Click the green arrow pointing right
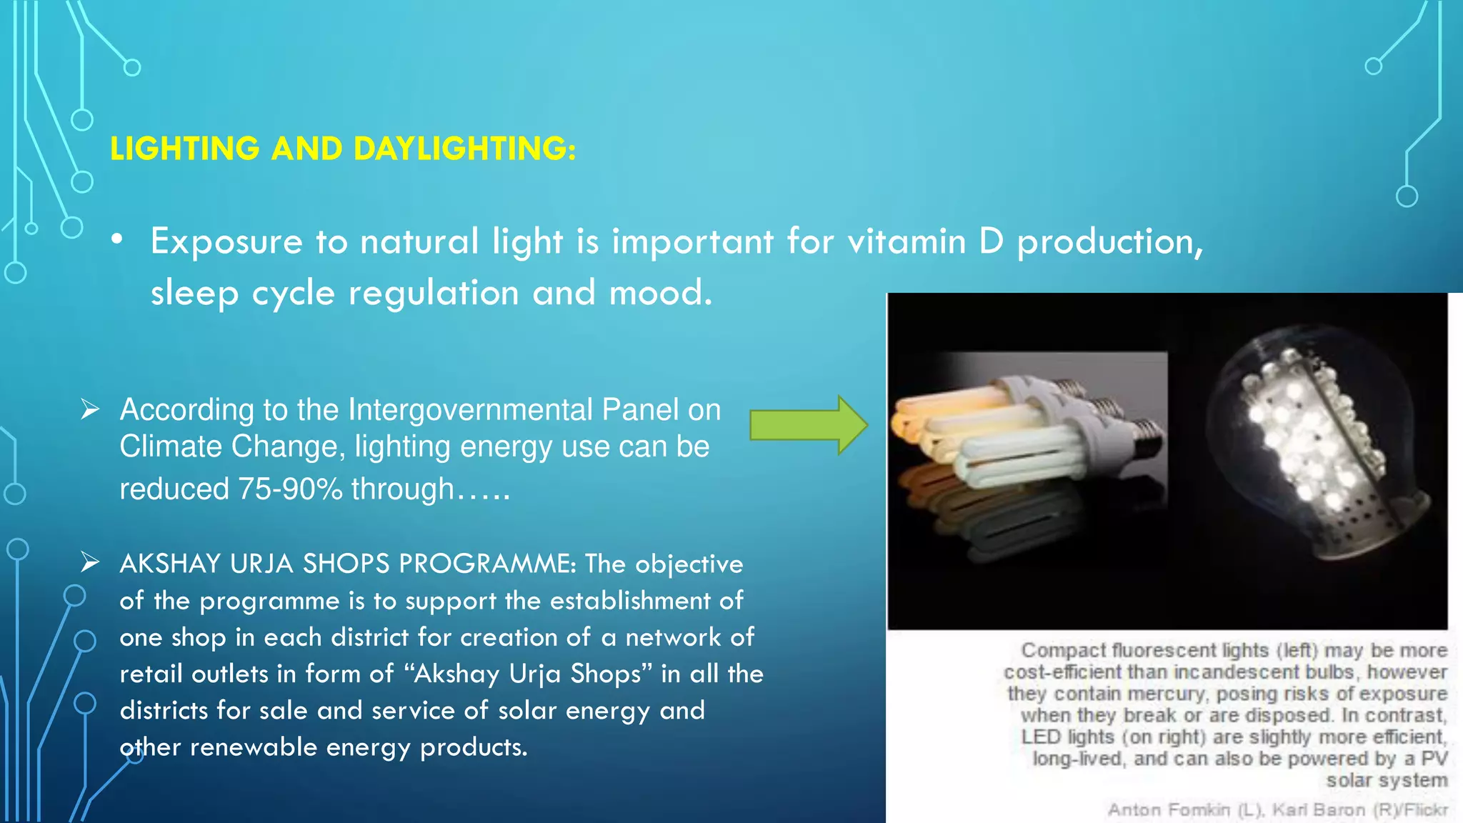click(x=808, y=426)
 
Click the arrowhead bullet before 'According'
click(x=90, y=409)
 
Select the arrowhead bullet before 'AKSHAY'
click(x=90, y=563)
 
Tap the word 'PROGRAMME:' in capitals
click(x=487, y=564)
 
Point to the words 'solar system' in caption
click(x=1387, y=780)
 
